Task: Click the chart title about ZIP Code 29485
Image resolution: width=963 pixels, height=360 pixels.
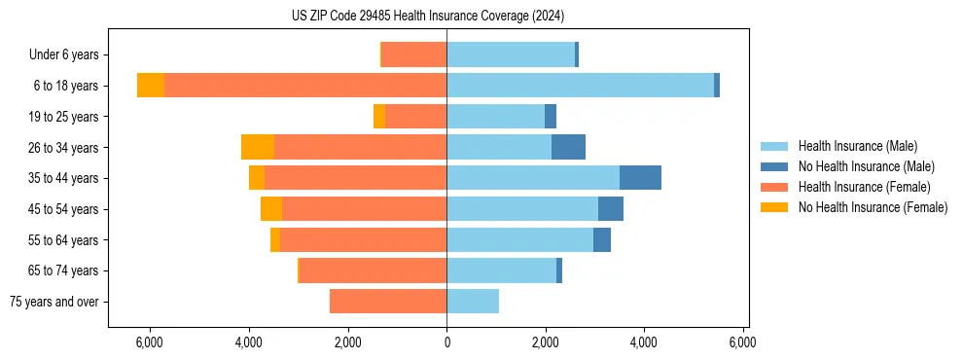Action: [427, 16]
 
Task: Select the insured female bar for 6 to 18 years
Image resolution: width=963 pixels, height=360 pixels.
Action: [305, 86]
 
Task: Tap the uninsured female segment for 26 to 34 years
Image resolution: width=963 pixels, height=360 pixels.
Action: [258, 147]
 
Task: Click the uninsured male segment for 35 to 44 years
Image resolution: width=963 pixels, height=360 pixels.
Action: [640, 178]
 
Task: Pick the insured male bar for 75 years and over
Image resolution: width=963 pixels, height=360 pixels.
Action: [473, 302]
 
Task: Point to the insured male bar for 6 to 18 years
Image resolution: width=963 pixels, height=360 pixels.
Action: [580, 86]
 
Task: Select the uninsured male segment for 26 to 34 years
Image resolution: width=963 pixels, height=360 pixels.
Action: [568, 147]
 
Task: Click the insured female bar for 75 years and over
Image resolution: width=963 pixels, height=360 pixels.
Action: [388, 302]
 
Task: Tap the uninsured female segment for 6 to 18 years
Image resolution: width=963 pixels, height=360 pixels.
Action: [151, 86]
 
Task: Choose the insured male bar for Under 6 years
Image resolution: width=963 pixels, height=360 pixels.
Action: [511, 54]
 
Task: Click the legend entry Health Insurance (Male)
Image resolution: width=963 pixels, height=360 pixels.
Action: [857, 146]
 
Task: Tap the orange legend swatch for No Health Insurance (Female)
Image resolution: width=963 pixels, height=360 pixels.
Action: [774, 207]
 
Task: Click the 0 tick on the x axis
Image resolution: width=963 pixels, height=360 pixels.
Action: [446, 342]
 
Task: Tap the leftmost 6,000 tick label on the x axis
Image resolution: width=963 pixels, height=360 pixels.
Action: [150, 342]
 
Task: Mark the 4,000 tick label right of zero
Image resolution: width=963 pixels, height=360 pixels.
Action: [644, 342]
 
